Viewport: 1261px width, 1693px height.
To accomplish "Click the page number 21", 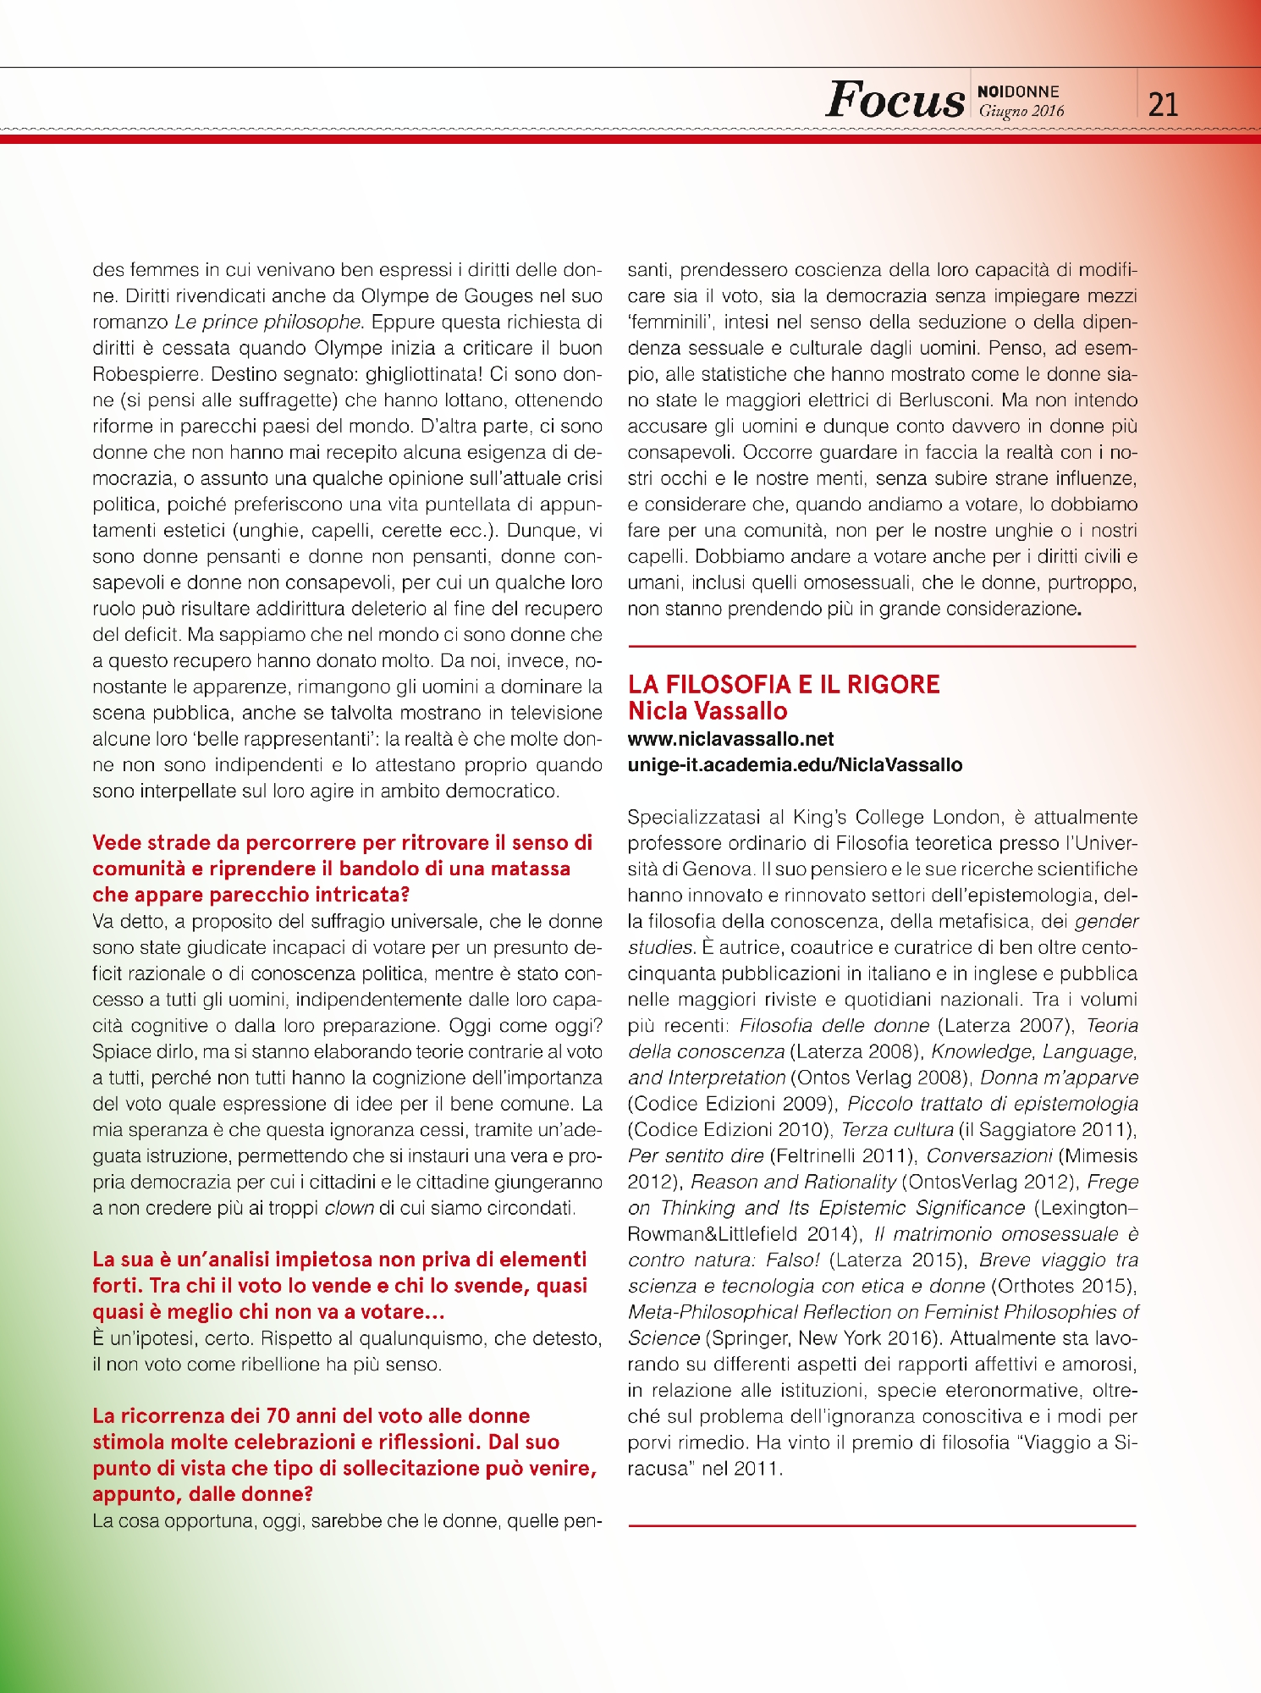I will click(1163, 104).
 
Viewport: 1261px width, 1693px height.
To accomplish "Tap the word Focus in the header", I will click(895, 101).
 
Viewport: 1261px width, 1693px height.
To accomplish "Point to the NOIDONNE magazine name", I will click(1018, 91).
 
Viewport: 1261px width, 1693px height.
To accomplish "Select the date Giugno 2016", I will click(1021, 111).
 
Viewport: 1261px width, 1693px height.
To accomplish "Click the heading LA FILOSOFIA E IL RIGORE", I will click(784, 684).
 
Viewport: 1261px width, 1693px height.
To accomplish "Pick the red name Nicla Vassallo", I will click(708, 711).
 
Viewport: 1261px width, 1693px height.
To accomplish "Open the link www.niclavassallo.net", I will click(730, 739).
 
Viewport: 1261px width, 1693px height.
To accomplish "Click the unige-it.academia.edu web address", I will click(795, 765).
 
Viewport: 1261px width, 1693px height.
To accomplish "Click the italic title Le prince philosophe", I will click(268, 323).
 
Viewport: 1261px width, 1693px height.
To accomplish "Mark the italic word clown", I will click(349, 1208).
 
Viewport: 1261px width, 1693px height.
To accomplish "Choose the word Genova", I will click(718, 869).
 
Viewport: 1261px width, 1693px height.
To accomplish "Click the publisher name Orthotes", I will click(1035, 1287).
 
